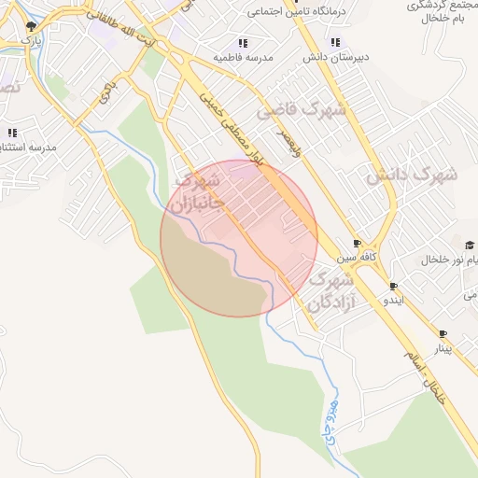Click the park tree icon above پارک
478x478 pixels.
tap(32, 27)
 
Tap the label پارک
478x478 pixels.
tap(32, 42)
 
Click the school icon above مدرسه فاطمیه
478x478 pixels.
tap(243, 43)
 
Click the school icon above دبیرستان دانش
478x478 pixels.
tap(335, 42)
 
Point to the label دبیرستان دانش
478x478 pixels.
tap(335, 57)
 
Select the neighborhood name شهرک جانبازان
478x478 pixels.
tap(198, 190)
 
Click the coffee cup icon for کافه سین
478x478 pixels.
tap(358, 243)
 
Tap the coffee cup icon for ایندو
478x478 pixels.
tap(393, 286)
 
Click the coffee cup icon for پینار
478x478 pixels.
tap(443, 333)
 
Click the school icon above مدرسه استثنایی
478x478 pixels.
tap(12, 133)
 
